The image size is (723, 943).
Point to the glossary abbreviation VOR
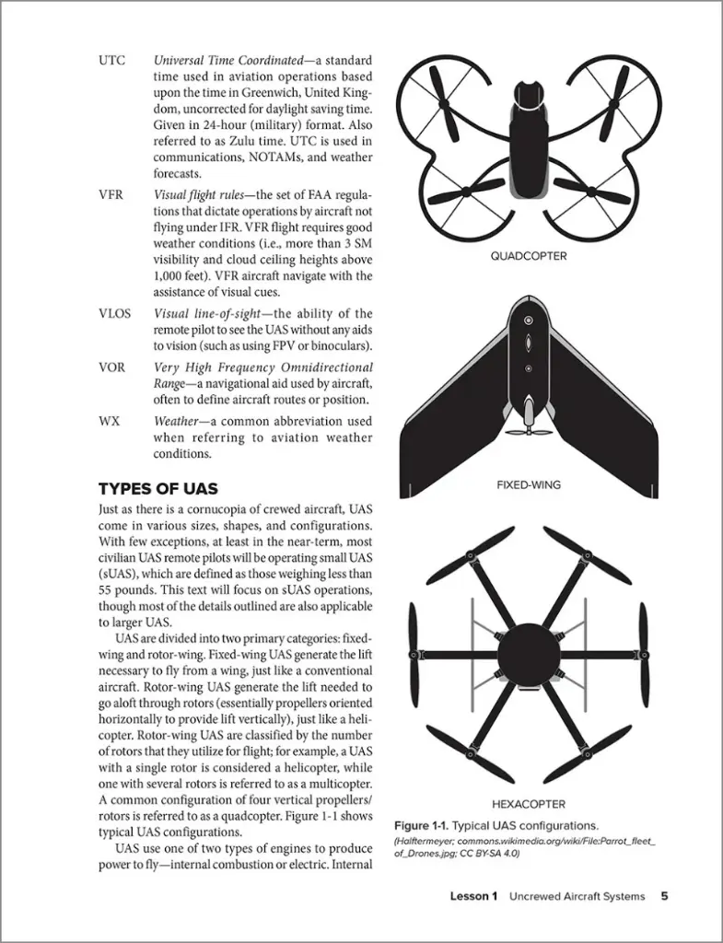[111, 367]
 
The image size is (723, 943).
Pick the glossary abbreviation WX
[109, 421]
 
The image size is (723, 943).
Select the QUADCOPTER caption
[528, 256]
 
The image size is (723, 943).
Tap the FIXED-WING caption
[528, 484]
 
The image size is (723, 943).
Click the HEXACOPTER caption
[528, 803]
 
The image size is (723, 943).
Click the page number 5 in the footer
[664, 896]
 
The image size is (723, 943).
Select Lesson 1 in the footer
[473, 896]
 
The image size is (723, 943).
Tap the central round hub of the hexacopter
[528, 654]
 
